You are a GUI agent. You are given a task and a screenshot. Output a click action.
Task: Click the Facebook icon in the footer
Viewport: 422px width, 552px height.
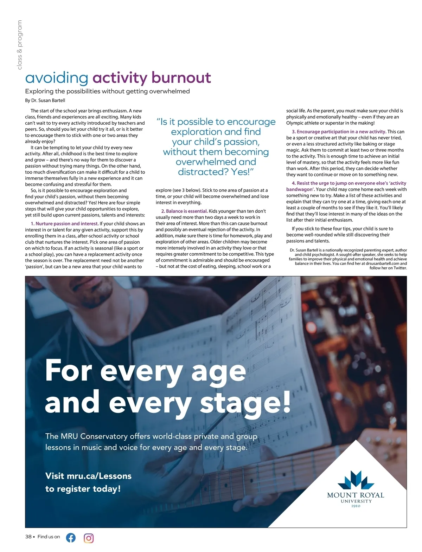[71, 537]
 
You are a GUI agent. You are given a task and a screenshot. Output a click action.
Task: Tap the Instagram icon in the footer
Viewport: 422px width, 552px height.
[89, 538]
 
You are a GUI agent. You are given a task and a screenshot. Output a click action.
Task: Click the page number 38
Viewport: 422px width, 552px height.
[28, 537]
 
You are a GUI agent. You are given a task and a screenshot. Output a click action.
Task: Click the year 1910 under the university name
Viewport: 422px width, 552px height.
[356, 506]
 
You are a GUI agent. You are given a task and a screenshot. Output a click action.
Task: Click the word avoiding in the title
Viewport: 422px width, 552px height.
[57, 78]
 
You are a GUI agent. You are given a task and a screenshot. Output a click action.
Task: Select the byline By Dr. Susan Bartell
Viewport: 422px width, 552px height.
[45, 100]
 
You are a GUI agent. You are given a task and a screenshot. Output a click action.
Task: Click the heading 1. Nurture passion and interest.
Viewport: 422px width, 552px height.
[67, 223]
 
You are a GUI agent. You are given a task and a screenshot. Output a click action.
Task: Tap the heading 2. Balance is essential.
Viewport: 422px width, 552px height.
[184, 211]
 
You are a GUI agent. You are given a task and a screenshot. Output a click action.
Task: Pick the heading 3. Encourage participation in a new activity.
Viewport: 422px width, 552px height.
[339, 132]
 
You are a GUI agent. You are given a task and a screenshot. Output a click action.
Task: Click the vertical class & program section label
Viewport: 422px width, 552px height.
[20, 45]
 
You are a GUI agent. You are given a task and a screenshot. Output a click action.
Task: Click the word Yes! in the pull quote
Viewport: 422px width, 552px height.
[241, 172]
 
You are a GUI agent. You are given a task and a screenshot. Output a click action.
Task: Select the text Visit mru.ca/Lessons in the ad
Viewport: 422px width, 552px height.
[88, 476]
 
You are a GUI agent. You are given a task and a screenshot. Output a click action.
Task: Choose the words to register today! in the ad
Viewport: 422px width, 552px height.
[83, 488]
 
